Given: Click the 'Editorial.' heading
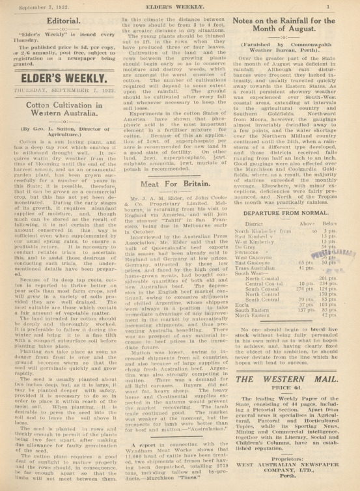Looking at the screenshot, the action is (59, 21).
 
